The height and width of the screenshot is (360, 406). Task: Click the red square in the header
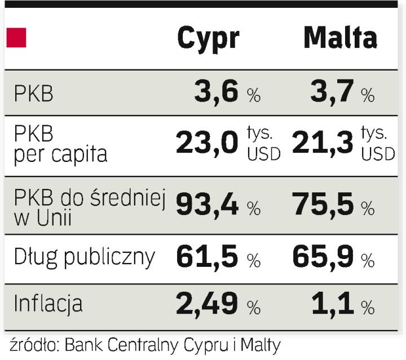coord(16,38)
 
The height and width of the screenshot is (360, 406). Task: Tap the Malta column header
coord(340,38)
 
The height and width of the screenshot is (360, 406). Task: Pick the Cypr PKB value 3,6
coord(217,92)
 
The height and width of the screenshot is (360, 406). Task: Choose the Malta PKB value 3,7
coord(332,92)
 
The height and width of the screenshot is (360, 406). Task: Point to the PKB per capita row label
coord(60,144)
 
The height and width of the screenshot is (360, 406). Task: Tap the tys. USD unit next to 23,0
coord(263,144)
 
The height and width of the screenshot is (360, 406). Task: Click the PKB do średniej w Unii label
coord(89,207)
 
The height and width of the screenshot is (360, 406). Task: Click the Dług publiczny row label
coord(84,257)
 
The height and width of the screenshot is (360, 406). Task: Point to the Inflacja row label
coord(48,304)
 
